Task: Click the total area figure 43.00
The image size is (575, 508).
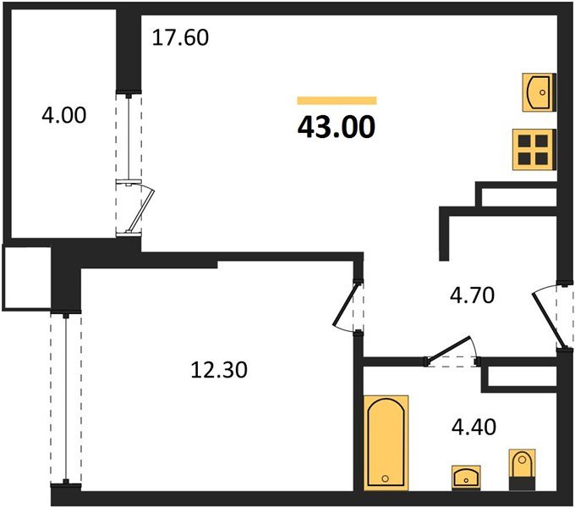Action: click(337, 127)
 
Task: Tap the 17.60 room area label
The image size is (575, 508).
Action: click(180, 38)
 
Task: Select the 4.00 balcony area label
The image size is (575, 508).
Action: click(64, 115)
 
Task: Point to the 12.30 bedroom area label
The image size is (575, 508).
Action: click(219, 370)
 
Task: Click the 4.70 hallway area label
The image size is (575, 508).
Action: click(473, 295)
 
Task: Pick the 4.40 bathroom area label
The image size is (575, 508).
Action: click(474, 427)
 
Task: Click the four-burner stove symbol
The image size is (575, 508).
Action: click(534, 149)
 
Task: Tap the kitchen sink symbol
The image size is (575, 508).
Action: click(539, 92)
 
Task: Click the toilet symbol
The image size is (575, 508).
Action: click(523, 469)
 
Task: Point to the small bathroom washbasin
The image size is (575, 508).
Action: click(466, 478)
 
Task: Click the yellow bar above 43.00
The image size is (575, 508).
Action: click(337, 100)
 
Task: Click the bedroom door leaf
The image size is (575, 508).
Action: click(345, 304)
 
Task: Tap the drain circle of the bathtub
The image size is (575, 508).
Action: click(385, 478)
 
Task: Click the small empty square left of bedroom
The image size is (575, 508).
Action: click(26, 278)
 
